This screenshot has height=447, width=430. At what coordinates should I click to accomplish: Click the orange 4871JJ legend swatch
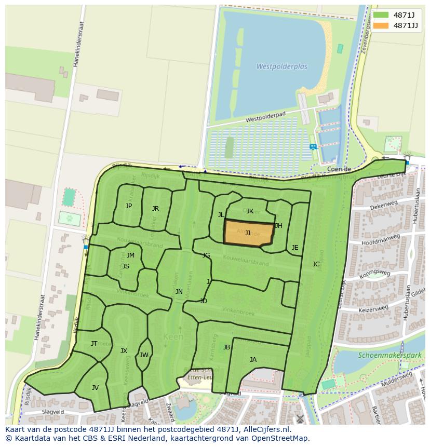pos(381,25)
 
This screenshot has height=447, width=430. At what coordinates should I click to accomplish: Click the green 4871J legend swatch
pos(381,15)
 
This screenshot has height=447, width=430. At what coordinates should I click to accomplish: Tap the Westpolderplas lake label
pos(281,67)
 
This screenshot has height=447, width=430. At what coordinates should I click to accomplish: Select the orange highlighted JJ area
pos(248,234)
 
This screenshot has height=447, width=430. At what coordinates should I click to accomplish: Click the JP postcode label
pos(129,206)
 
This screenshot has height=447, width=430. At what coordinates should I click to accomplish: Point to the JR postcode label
pos(155,209)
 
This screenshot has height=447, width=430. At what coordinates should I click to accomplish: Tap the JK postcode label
pos(250,211)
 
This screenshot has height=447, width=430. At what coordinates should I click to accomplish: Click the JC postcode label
pos(316,264)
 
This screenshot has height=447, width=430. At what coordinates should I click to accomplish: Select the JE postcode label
pos(295,248)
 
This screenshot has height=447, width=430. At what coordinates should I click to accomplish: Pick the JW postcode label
pos(144,355)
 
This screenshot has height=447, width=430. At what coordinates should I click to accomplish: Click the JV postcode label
pos(95,388)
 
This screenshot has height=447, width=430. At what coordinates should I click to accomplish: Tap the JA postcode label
pos(253,360)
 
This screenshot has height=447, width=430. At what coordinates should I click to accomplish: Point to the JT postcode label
pos(94,344)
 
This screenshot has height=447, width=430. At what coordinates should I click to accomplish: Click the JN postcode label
pos(179,292)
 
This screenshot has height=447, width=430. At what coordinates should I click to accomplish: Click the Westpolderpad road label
pos(266,119)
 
